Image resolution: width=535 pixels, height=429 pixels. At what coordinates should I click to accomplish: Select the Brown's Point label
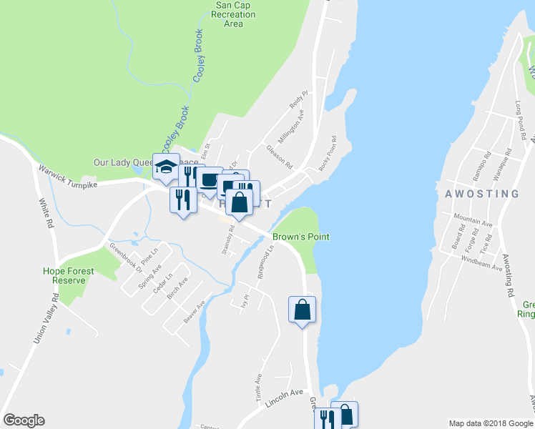300,237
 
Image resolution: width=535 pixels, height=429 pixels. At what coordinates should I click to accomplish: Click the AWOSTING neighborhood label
481,194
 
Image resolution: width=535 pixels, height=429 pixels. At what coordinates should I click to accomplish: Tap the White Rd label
45,212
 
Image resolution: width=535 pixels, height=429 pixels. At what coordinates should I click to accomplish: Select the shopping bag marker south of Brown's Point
302,310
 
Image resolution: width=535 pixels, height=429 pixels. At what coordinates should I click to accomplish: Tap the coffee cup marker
209,181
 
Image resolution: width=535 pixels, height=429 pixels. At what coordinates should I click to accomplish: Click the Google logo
24,420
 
